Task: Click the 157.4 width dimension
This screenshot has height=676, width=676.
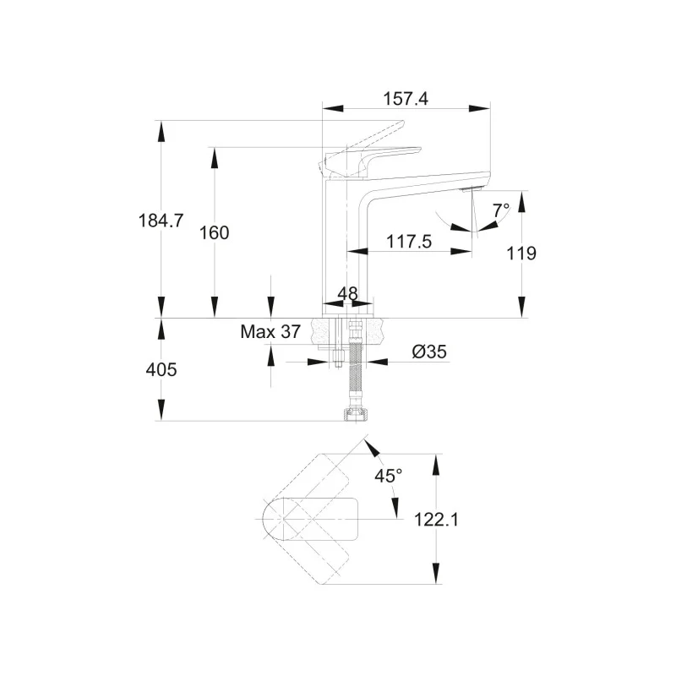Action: click(x=406, y=98)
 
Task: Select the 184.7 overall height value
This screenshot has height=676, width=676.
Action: click(x=161, y=221)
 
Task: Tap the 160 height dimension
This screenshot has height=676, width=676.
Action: click(x=215, y=232)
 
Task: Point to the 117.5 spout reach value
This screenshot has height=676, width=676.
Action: click(x=409, y=242)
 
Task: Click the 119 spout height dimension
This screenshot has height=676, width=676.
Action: click(x=521, y=253)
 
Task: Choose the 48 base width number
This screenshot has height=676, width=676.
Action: click(x=347, y=293)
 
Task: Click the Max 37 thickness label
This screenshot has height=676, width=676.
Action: click(x=270, y=332)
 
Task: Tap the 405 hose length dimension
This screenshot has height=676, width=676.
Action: click(x=161, y=370)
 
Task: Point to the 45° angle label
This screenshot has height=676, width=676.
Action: click(x=389, y=476)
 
